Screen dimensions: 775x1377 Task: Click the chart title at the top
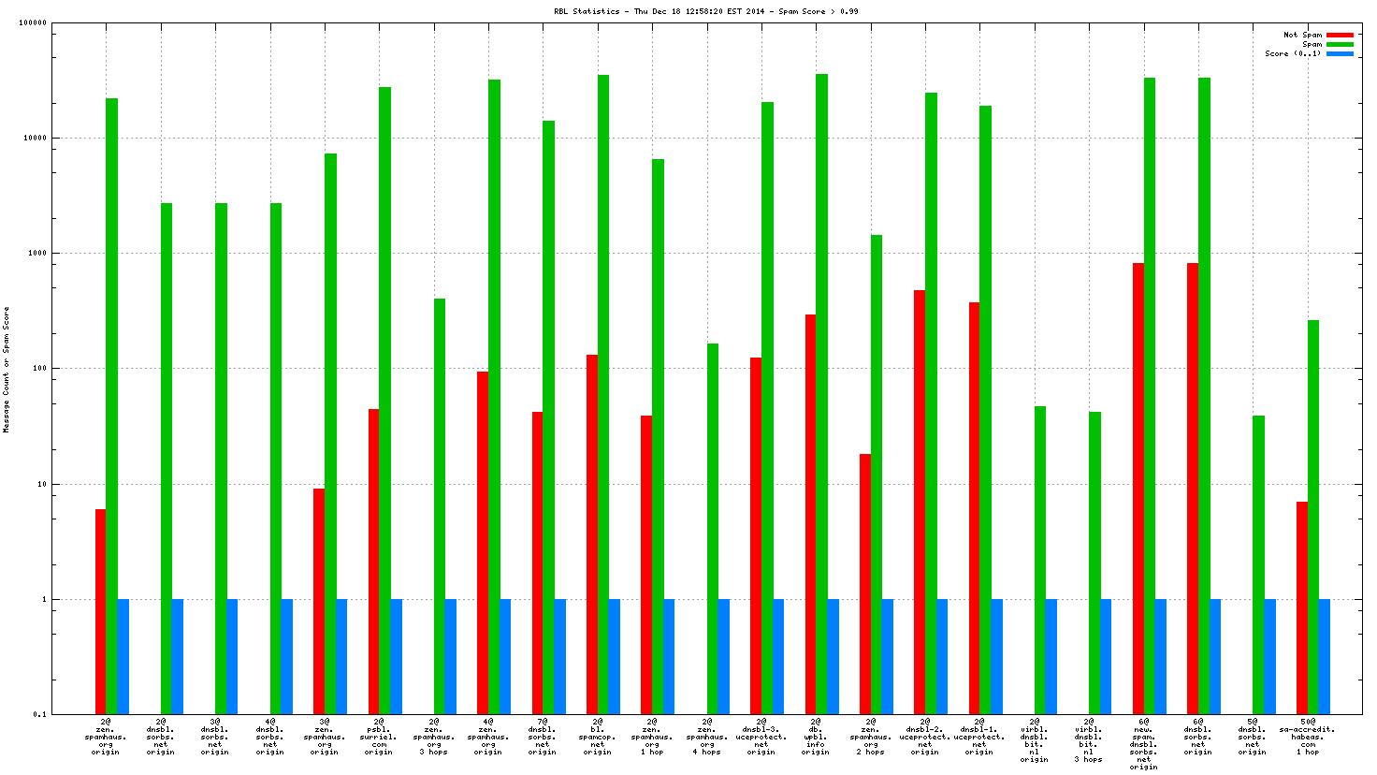(x=705, y=11)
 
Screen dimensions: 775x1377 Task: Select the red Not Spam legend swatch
(x=1340, y=35)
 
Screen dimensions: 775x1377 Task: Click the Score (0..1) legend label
(x=1293, y=53)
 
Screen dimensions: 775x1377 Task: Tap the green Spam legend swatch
(x=1340, y=44)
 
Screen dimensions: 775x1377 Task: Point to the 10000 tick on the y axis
(x=36, y=138)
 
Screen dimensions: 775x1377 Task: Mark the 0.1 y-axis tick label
(x=39, y=714)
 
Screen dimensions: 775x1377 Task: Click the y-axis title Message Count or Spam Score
(x=7, y=370)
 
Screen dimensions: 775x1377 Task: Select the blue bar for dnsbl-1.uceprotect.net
(x=997, y=656)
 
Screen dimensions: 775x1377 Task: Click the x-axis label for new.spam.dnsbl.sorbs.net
(x=1143, y=744)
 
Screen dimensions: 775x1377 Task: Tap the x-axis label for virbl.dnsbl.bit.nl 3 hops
(x=1088, y=740)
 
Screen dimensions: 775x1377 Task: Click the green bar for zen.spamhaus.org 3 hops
(x=440, y=506)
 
